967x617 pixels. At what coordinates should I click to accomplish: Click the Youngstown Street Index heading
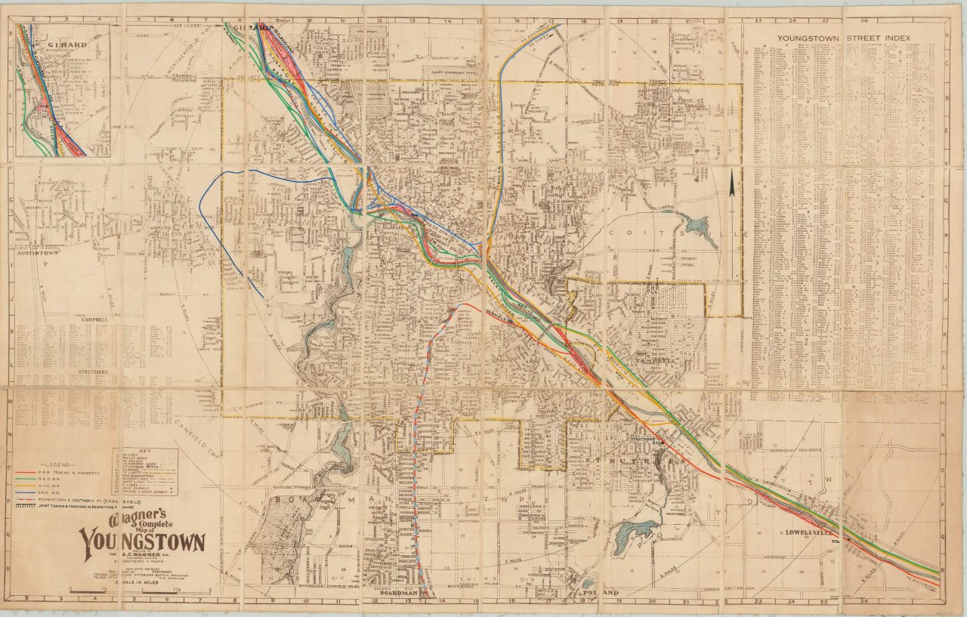(844, 38)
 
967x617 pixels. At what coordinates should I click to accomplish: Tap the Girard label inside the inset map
(63, 45)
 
